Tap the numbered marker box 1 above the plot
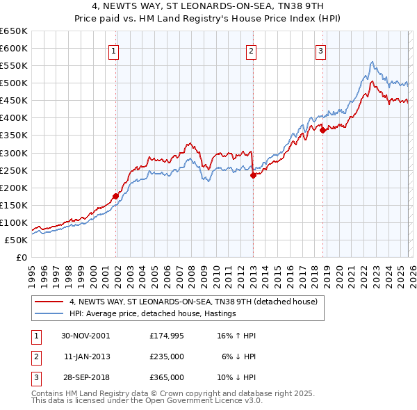pos(113,50)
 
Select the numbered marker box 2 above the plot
pos(250,50)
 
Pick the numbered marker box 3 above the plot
pos(320,50)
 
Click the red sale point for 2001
pos(115,196)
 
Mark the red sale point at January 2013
pos(253,175)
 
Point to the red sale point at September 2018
pos(323,129)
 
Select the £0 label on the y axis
pos(21,257)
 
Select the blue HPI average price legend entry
pos(153,313)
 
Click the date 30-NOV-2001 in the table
pos(85,335)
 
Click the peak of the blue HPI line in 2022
pos(373,62)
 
